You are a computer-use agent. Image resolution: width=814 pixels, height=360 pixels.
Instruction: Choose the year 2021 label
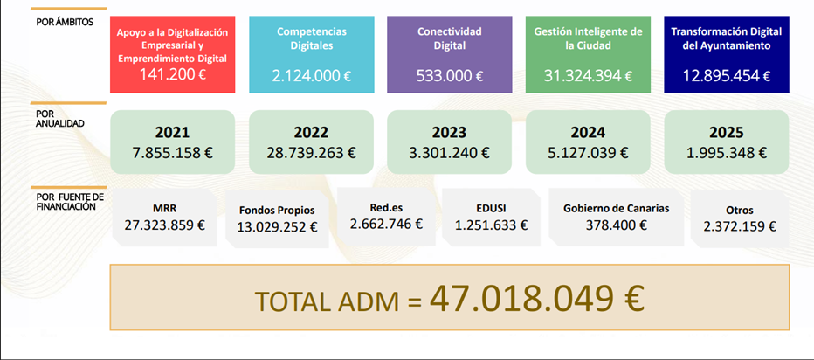click(x=172, y=133)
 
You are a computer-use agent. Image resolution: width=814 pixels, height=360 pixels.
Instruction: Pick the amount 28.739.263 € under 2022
click(x=311, y=151)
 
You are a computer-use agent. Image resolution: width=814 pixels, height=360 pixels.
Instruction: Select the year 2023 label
click(x=449, y=133)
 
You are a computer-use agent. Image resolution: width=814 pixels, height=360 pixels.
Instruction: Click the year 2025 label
click(x=726, y=133)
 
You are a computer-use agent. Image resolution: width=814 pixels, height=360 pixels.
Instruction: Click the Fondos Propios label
click(x=277, y=211)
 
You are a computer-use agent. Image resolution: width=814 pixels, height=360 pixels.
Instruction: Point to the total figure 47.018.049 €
click(x=537, y=299)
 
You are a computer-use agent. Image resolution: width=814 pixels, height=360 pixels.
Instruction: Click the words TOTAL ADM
click(x=329, y=301)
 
